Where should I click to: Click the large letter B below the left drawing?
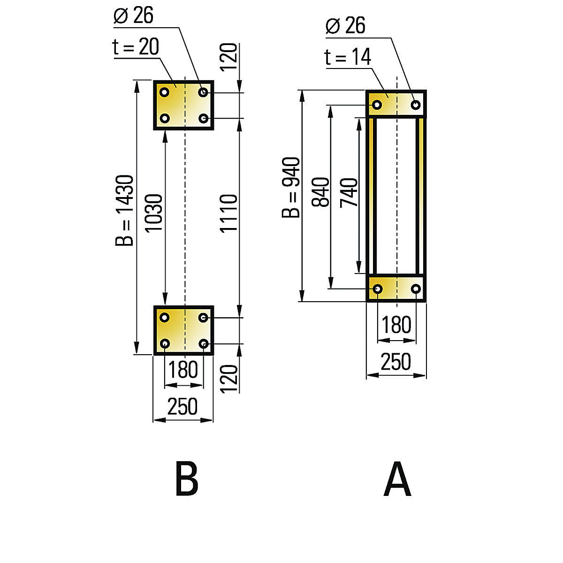186,479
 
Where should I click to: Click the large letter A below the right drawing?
397,479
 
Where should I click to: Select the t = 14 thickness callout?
348,57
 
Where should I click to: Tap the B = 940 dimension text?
291,188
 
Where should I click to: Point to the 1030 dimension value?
154,213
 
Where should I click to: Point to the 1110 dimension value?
229,213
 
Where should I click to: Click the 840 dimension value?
321,192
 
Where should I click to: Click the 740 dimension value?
349,193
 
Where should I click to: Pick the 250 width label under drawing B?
183,406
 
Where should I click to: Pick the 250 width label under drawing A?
396,362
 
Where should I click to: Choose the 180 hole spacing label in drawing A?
396,325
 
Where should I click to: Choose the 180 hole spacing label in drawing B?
183,370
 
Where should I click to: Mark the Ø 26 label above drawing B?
134,15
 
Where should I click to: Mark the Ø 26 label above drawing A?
345,26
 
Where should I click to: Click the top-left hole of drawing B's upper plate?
164,92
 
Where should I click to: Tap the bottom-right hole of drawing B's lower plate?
204,344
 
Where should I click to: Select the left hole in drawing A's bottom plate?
377,289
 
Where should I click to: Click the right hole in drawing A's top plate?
416,105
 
